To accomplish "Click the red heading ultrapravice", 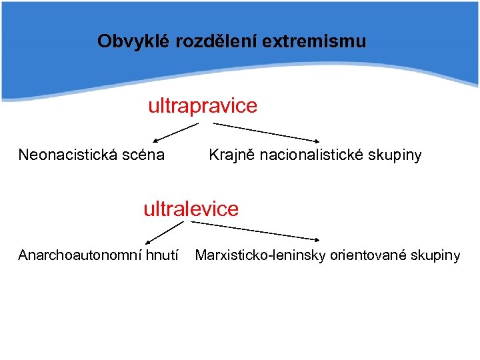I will pos(202,106).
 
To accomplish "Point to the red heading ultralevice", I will pos(191,209).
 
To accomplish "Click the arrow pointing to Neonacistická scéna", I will pos(176,133).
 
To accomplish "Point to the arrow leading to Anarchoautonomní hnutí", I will pos(164,233).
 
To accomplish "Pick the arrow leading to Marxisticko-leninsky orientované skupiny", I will pos(256,231).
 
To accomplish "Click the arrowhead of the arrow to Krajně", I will pos(316,141).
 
